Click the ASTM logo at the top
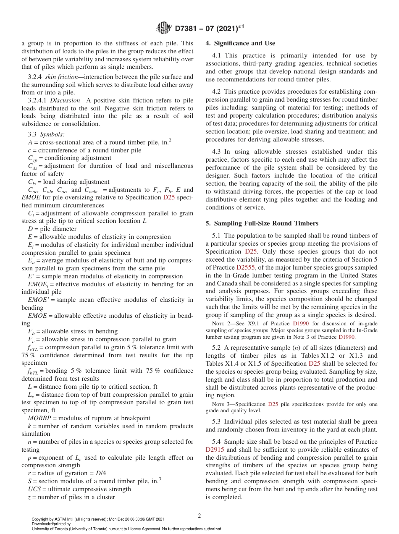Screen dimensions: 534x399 point(163,28)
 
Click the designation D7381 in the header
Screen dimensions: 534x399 point(188,28)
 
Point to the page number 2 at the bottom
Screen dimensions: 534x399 point(199,516)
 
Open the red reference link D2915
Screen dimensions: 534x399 point(215,450)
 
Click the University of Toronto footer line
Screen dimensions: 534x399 point(126,529)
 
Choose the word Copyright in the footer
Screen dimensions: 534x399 point(40,519)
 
